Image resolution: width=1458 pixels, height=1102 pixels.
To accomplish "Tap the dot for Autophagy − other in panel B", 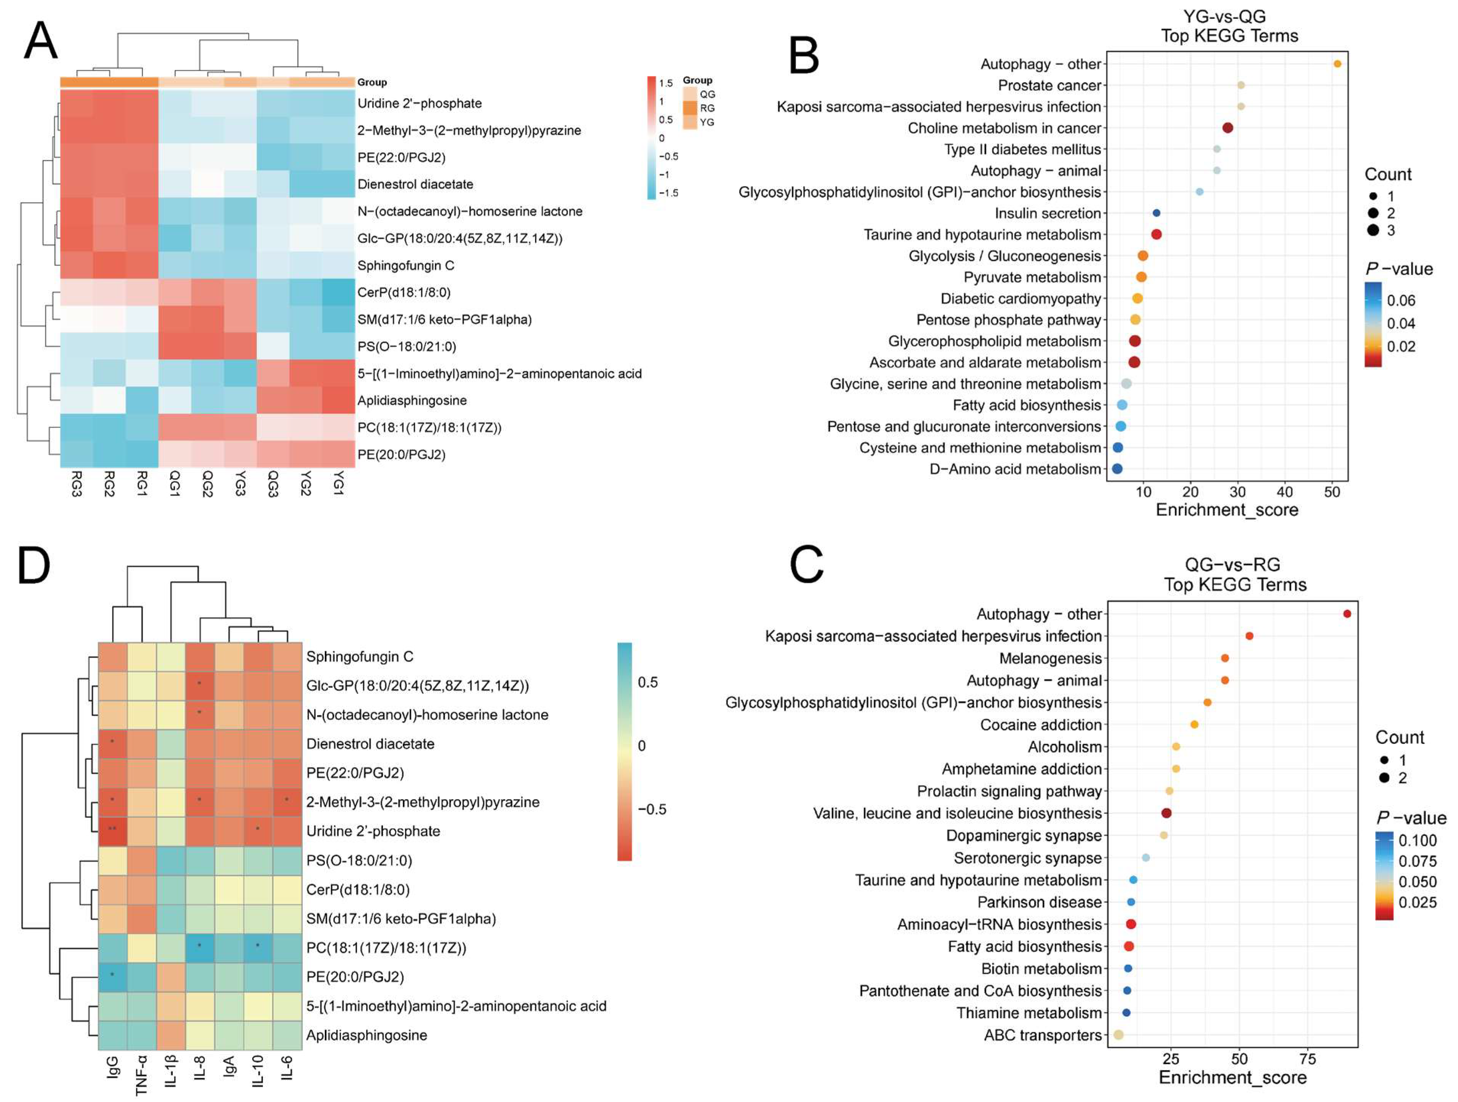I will coord(1337,64).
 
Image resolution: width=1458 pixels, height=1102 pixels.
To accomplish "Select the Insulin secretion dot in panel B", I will coord(1156,213).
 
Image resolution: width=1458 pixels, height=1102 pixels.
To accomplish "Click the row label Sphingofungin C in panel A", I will coord(405,266).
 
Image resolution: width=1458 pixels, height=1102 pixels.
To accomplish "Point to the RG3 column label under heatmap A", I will coord(76,484).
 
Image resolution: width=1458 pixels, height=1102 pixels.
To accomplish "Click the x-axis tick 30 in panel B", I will coord(1238,492).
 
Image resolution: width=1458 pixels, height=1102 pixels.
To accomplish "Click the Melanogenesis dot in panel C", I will coord(1224,658).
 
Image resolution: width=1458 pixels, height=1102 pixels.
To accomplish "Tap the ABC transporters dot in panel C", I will coord(1119,1035).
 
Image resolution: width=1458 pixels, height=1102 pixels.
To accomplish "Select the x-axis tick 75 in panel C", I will coord(1308,1059).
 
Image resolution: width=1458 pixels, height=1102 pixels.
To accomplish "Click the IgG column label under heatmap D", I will coord(113,1066).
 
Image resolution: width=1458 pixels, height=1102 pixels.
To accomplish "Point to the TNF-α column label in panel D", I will coord(141,1074).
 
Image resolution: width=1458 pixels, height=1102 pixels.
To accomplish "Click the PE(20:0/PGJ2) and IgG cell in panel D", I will coord(113,977).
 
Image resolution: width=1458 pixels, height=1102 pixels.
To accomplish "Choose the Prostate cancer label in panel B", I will coord(1049,86).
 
